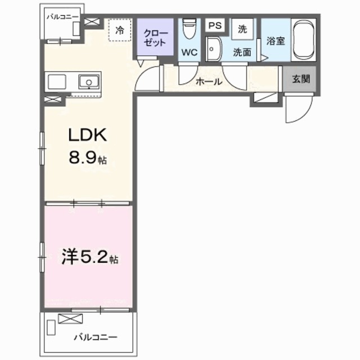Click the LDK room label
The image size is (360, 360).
87,137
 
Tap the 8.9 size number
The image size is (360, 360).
83,159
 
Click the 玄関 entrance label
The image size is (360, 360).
300,79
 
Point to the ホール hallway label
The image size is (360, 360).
208,82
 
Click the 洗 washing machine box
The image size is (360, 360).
242,29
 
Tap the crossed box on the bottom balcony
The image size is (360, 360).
71,319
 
